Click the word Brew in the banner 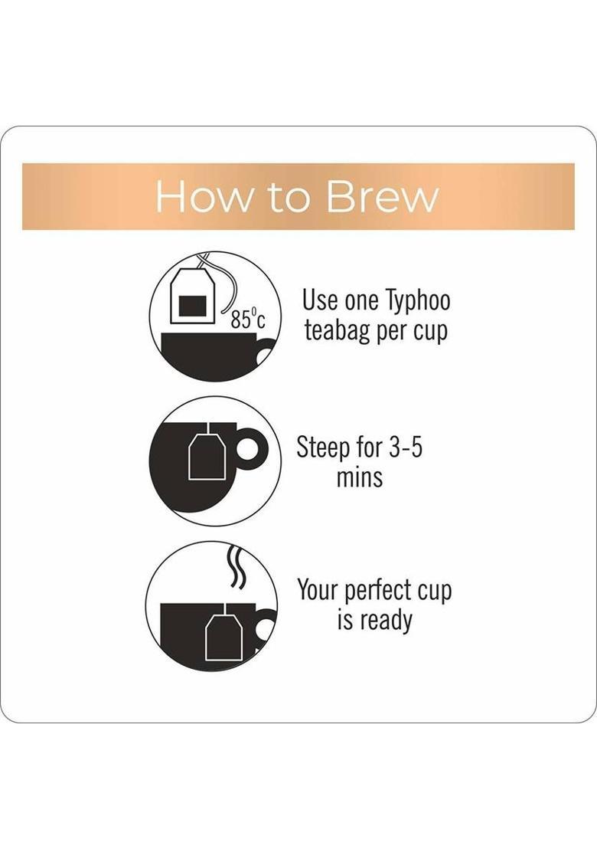tap(383, 196)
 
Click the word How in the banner tap(204, 196)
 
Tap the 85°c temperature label tap(248, 320)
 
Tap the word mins tap(359, 477)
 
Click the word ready tap(383, 621)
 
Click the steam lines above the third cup tap(236, 567)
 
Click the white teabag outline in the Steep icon tap(206, 455)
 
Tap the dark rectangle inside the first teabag tap(194, 305)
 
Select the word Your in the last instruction tap(318, 590)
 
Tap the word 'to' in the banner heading tap(289, 197)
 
